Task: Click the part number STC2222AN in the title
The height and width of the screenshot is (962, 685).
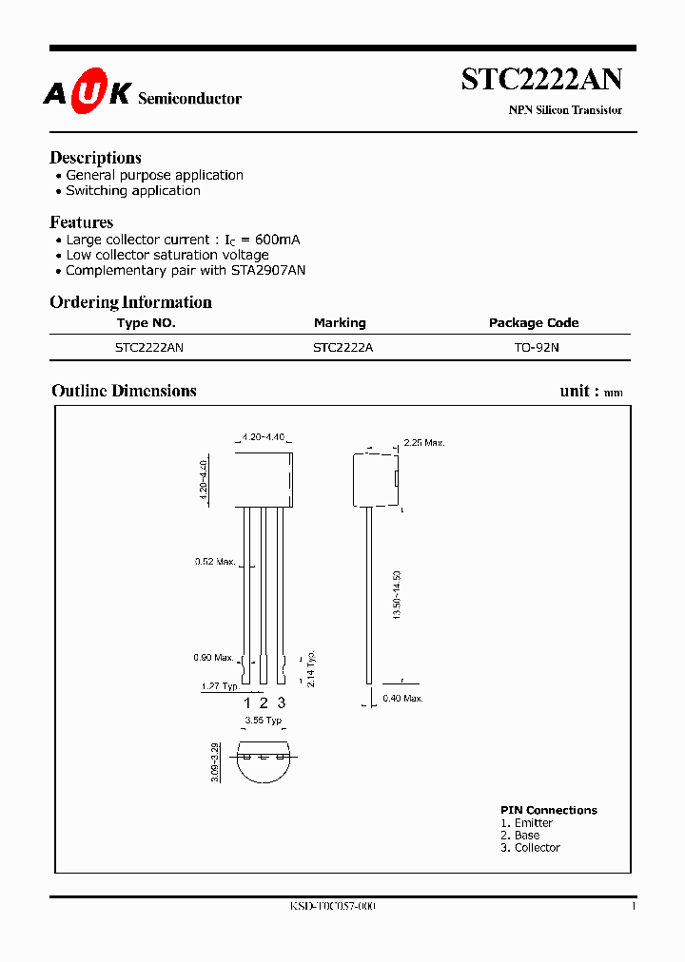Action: pos(541,80)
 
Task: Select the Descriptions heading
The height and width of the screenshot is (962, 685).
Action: pos(95,158)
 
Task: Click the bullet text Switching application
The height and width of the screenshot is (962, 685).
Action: pos(133,190)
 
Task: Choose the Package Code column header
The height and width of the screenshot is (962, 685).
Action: pos(533,323)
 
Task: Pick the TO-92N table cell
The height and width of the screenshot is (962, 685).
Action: pos(537,348)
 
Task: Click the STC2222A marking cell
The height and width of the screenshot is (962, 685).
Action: pos(342,348)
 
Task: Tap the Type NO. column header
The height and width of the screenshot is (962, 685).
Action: pos(146,323)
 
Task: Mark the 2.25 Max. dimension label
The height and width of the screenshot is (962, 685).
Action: pos(424,443)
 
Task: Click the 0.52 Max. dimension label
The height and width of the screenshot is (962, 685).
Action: pos(215,562)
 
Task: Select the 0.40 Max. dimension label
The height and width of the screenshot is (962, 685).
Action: pos(403,699)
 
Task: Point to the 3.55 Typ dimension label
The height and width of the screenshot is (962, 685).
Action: pos(264,721)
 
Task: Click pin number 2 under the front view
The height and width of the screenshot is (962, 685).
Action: pos(264,702)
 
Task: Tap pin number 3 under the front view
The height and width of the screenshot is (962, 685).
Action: pos(281,702)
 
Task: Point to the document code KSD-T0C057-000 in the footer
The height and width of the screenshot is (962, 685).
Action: pos(332,907)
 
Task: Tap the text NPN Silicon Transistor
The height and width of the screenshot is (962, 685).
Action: pos(565,110)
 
